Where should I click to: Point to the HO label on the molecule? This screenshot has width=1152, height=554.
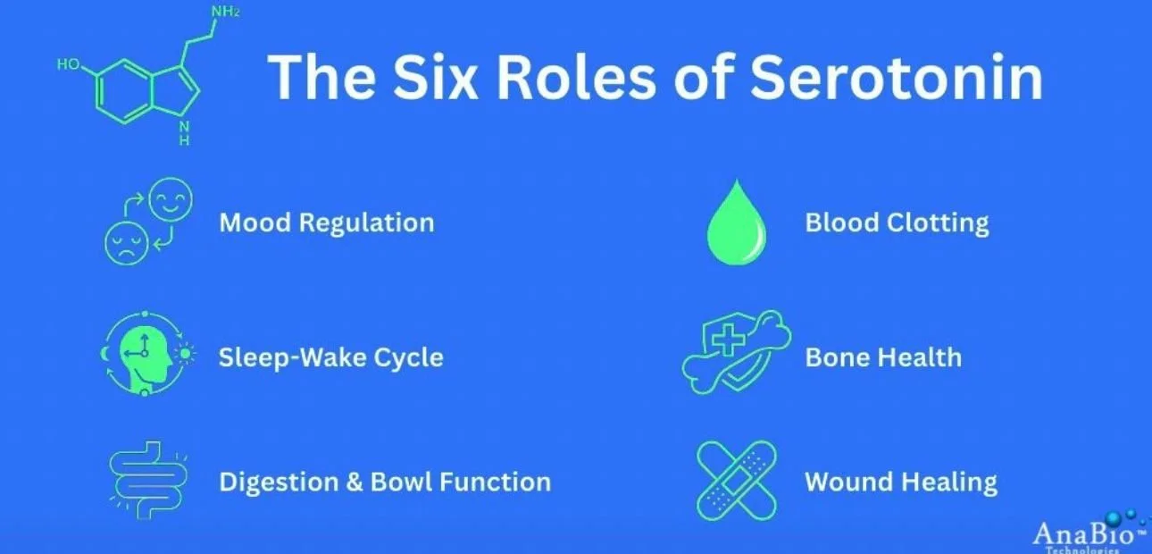[68, 64]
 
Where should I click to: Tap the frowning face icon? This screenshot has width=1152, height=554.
[124, 241]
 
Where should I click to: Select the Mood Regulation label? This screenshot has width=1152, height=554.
[327, 222]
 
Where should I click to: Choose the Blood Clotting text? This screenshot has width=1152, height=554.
[897, 222]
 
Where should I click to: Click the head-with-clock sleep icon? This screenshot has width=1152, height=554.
[146, 356]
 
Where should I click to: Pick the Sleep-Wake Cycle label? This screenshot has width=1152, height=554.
[330, 357]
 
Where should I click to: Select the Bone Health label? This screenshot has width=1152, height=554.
[883, 357]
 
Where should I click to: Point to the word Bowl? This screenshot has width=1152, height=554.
[401, 483]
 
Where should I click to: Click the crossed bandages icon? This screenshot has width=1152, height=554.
[735, 481]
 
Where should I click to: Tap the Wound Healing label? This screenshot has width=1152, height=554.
[900, 483]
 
